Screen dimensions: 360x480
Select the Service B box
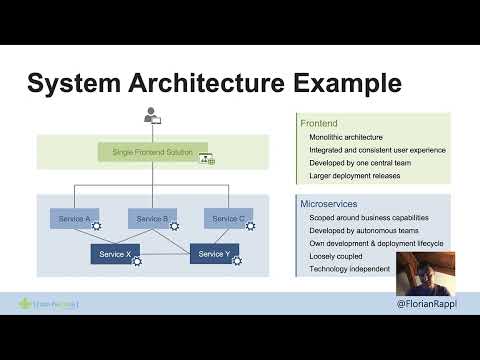[x=152, y=218]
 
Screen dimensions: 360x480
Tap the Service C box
[x=228, y=218]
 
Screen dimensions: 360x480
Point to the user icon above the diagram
[x=152, y=116]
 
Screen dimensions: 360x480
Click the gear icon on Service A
[x=97, y=227]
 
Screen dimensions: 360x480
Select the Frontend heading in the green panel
[x=318, y=122]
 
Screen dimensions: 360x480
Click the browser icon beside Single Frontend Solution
[x=207, y=157]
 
